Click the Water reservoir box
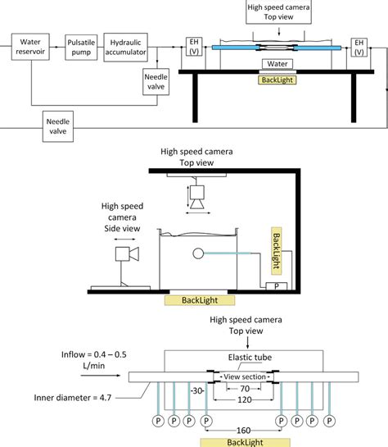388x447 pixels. click(30, 44)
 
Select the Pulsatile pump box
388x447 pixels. click(84, 44)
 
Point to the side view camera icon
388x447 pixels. click(126, 253)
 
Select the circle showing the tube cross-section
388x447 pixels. click(197, 253)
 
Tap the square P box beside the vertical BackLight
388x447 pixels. click(274, 286)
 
